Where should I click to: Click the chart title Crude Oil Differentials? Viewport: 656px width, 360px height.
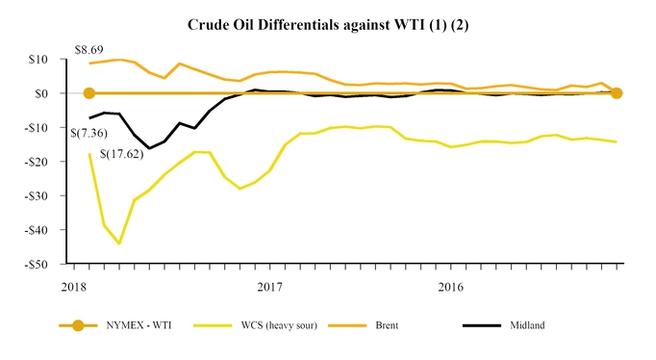tap(327, 22)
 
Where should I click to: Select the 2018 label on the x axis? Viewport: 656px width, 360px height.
tap(75, 286)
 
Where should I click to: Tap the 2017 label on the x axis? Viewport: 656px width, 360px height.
tap(269, 286)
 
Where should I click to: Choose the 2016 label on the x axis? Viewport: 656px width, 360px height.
tap(450, 286)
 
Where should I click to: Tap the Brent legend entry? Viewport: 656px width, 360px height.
tap(382, 325)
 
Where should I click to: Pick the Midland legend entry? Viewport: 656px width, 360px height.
tap(523, 325)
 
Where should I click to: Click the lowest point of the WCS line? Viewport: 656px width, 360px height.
tap(119, 244)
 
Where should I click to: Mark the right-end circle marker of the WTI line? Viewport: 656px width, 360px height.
tap(617, 93)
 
